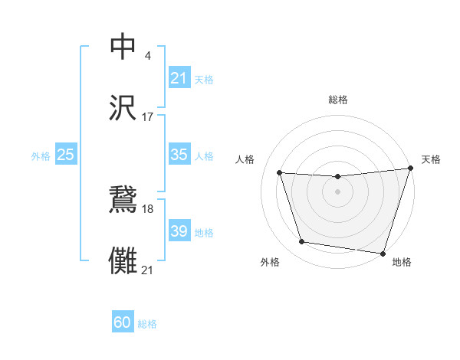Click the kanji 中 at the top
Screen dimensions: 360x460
pyautogui.click(x=123, y=47)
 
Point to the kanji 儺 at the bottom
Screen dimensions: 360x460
pyautogui.click(x=123, y=261)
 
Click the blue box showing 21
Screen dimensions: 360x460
pyautogui.click(x=179, y=78)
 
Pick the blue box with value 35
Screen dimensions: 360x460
pyautogui.click(x=179, y=155)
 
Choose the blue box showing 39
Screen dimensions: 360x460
pyautogui.click(x=179, y=231)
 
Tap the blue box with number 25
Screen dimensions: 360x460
pyautogui.click(x=65, y=155)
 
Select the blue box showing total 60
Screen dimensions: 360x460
pyautogui.click(x=123, y=323)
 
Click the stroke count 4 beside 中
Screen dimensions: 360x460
pyautogui.click(x=147, y=55)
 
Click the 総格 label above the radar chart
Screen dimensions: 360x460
pyautogui.click(x=337, y=100)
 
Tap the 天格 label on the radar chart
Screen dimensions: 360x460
pyautogui.click(x=432, y=159)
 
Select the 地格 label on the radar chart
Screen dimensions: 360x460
pyautogui.click(x=402, y=263)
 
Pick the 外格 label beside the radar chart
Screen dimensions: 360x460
pyautogui.click(x=271, y=263)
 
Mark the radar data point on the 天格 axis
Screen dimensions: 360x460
pyautogui.click(x=411, y=169)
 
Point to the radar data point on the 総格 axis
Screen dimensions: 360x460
pyautogui.click(x=337, y=178)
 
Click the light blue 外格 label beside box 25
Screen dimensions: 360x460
pyautogui.click(x=41, y=156)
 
